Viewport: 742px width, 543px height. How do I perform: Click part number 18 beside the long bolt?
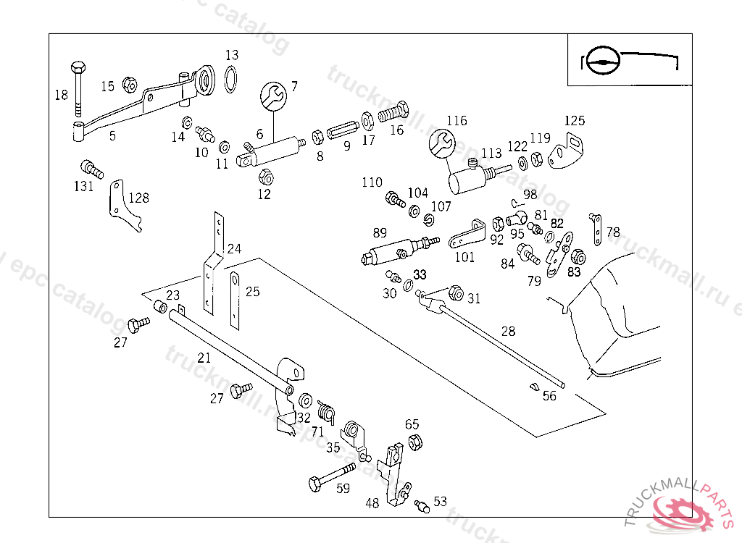[61, 94]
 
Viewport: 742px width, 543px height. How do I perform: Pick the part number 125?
[575, 121]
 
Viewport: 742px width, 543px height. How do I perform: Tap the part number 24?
[234, 248]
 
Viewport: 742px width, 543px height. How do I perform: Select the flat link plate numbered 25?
[235, 297]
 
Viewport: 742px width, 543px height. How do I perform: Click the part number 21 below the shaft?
[204, 357]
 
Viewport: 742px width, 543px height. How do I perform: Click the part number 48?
[372, 503]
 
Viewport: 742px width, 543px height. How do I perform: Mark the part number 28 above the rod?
[509, 331]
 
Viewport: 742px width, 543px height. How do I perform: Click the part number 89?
[380, 232]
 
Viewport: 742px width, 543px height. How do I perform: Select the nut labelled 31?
[456, 293]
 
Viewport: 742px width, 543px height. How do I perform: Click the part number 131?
[83, 186]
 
